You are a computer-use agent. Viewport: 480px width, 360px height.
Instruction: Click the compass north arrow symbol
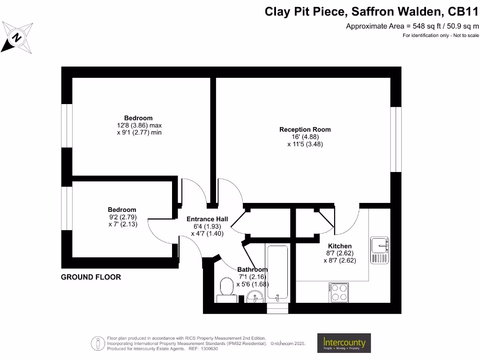[x=18, y=37]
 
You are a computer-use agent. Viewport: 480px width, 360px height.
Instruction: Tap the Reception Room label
[x=305, y=129]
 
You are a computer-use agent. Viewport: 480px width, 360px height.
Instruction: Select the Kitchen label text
[x=339, y=246]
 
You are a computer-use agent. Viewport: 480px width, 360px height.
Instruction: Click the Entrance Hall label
[x=207, y=219]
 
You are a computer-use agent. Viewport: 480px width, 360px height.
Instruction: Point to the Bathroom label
[x=252, y=270]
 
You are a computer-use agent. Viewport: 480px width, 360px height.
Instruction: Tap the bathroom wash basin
[x=255, y=296]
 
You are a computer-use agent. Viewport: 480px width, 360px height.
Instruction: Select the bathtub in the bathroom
[x=277, y=273]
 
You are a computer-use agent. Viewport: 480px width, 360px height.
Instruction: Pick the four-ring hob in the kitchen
[x=339, y=292]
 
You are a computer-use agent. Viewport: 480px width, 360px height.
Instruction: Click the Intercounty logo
[x=344, y=343]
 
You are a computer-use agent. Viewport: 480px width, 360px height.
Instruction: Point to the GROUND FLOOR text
[x=91, y=277]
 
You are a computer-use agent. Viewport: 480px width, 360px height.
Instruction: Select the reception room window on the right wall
[x=396, y=139]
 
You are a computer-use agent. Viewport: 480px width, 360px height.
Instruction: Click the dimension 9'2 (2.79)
[x=122, y=217]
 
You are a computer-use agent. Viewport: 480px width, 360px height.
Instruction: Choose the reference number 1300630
[x=209, y=349]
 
